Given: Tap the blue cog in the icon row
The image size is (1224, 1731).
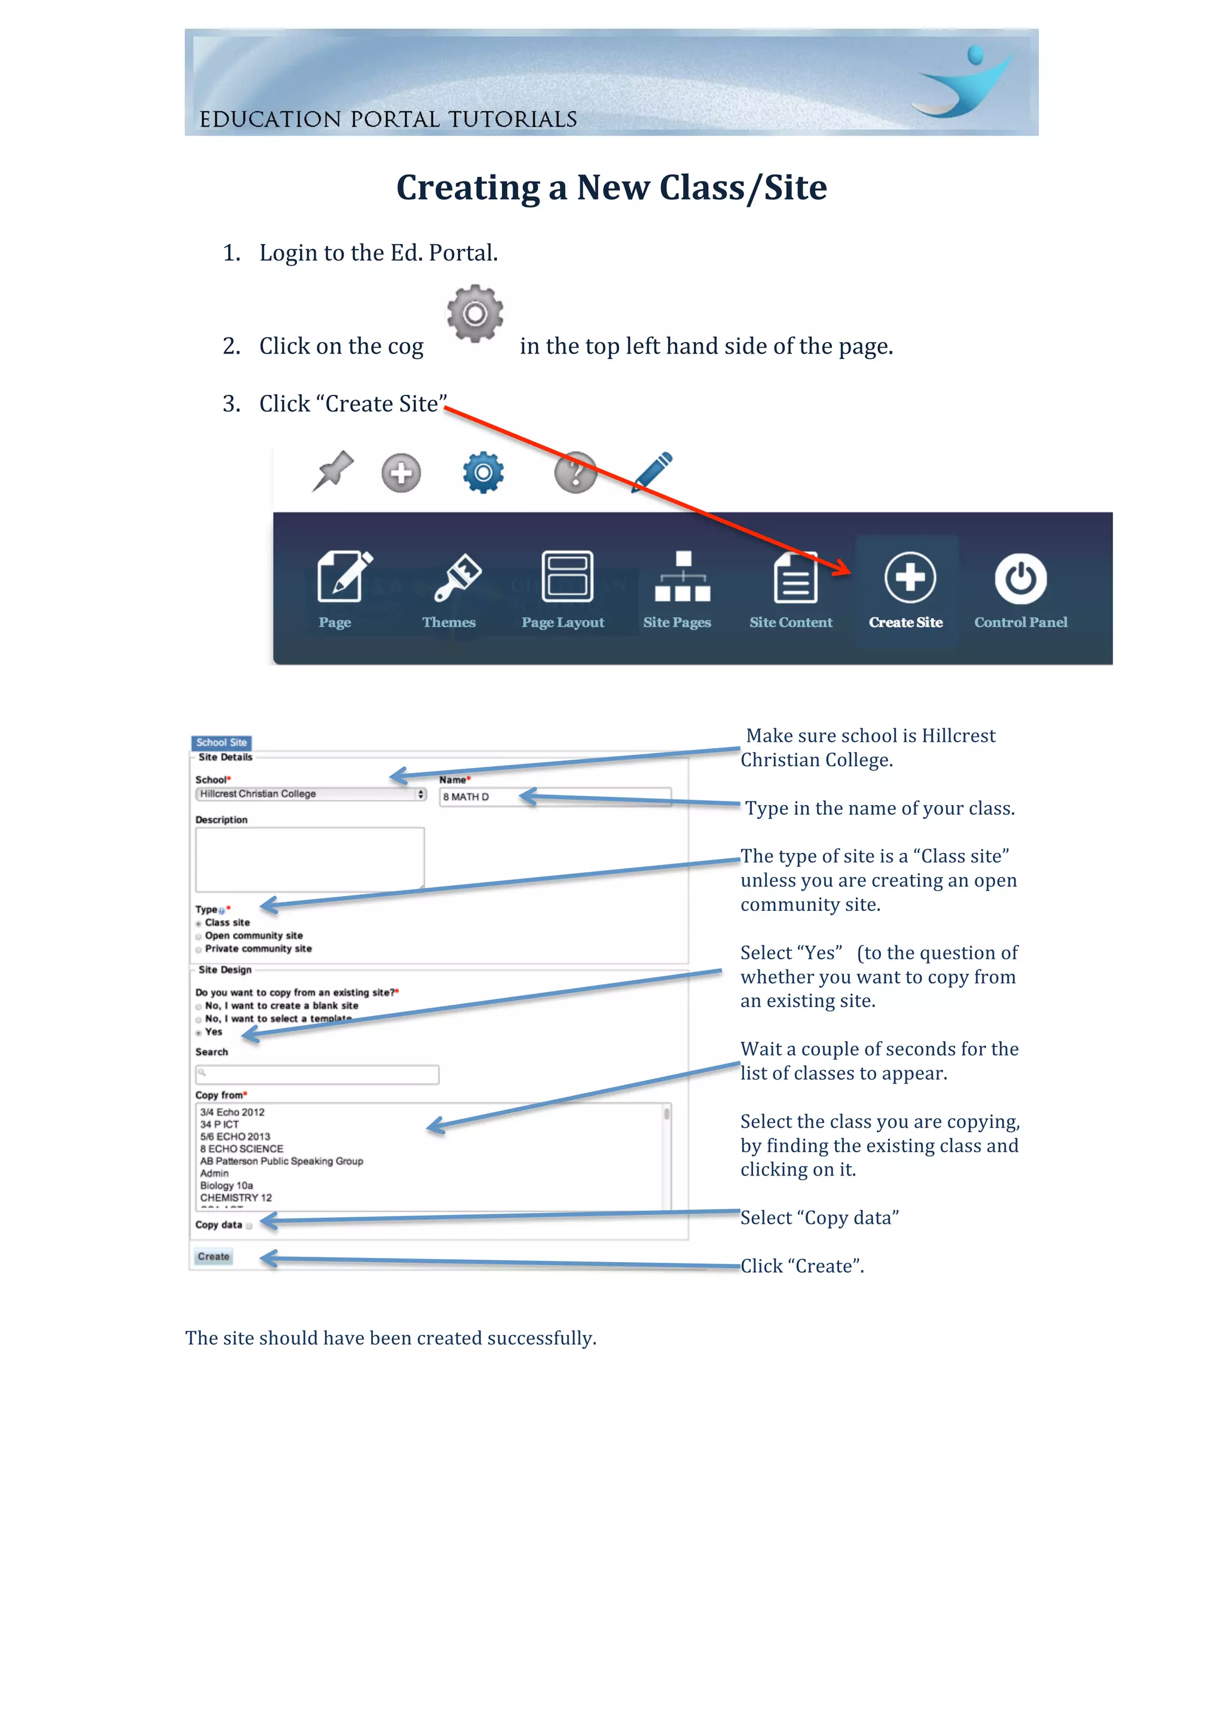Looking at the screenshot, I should [x=483, y=472].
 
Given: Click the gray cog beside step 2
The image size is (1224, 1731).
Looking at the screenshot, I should [x=475, y=313].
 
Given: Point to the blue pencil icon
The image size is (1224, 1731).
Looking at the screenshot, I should [x=653, y=472].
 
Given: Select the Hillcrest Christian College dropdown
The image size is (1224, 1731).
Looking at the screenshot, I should [x=311, y=794].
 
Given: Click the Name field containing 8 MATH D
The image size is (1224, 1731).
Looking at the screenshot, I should [x=554, y=797].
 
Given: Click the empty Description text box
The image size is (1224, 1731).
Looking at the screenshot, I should [x=309, y=859].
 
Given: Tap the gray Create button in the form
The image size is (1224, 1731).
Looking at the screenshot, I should [x=213, y=1256].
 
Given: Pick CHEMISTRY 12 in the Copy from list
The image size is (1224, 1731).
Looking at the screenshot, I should [x=236, y=1197].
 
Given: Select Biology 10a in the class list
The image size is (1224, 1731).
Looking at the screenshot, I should [x=227, y=1185].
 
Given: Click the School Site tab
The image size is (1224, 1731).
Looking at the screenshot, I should [x=221, y=742].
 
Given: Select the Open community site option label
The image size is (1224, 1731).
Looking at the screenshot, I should [x=253, y=935].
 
